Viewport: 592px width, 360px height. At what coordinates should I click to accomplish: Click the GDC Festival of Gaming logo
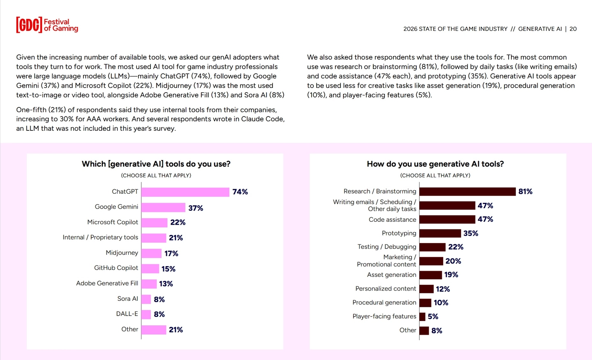(x=47, y=25)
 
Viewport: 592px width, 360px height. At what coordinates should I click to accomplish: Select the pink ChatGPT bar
(x=185, y=192)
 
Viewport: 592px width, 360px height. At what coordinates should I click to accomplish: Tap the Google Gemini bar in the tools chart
(x=163, y=208)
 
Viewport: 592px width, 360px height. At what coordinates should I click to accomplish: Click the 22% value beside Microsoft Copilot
(x=178, y=223)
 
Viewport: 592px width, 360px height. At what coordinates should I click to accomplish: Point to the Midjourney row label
(x=122, y=253)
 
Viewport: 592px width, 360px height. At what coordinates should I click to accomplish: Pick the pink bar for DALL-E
(x=146, y=314)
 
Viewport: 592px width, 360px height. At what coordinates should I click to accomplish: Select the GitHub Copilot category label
(x=116, y=268)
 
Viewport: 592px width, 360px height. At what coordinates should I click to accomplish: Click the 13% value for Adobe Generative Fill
(x=166, y=284)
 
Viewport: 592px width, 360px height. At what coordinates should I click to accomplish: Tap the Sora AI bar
(x=146, y=299)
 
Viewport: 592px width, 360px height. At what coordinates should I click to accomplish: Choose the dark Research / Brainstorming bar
(x=467, y=192)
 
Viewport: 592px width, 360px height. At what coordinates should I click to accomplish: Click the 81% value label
(x=525, y=192)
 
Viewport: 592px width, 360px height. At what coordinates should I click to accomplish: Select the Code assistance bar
(x=447, y=219)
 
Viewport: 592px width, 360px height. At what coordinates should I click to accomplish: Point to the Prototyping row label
(x=399, y=233)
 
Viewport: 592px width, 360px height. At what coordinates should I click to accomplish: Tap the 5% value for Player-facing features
(x=432, y=317)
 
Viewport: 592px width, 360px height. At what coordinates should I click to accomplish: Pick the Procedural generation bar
(x=425, y=303)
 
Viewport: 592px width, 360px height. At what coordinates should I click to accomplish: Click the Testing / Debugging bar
(x=432, y=247)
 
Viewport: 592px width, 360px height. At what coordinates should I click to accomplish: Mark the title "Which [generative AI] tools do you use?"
(x=156, y=164)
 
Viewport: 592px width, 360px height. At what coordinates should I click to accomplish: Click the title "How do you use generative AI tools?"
(x=435, y=164)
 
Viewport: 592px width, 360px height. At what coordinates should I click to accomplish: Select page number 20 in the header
(x=573, y=29)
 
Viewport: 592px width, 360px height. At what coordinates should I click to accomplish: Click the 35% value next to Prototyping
(x=470, y=234)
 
